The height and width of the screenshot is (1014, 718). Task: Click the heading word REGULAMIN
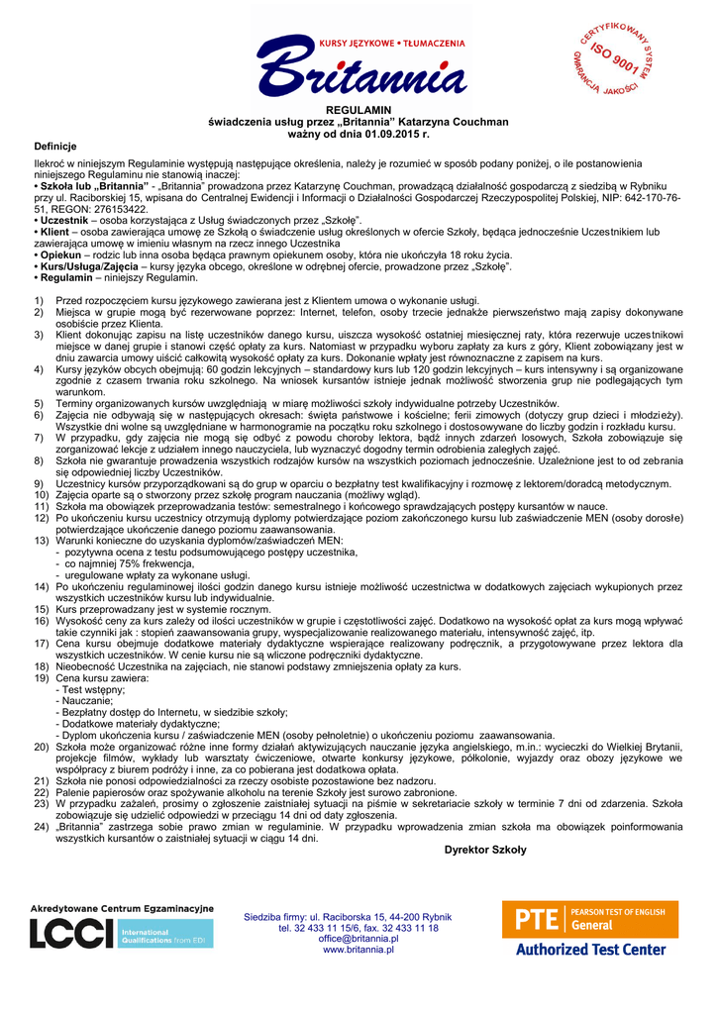coord(359,109)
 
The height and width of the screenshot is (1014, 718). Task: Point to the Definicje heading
coord(55,146)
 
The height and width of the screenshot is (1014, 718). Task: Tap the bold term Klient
coord(55,232)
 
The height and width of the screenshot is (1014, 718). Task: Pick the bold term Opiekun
coord(60,254)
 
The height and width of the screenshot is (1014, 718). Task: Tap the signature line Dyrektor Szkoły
coord(485,850)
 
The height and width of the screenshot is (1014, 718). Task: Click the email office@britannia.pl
coord(359,939)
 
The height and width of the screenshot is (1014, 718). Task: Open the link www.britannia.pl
coord(359,950)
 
